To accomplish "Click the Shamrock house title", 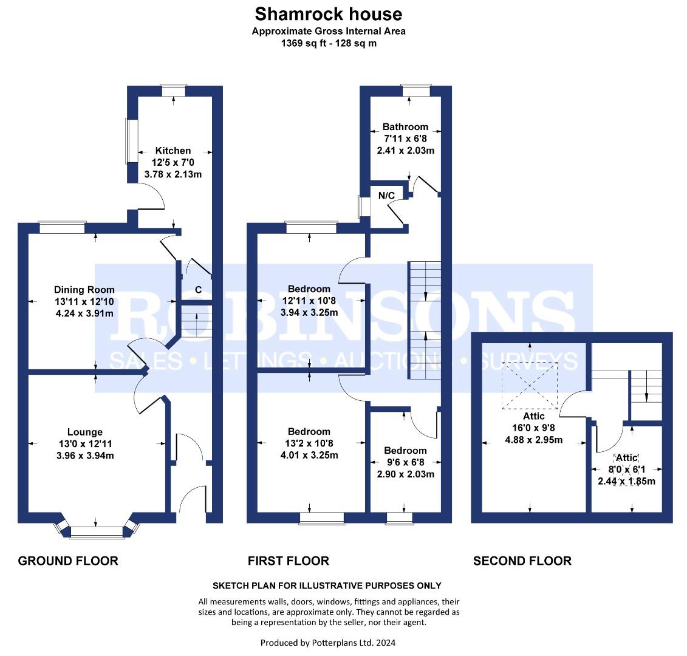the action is coord(329,14).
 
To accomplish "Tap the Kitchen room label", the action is coord(173,151).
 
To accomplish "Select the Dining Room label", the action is coord(84,290).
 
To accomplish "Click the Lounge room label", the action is coord(85,432).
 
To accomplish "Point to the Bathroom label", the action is coord(405,127).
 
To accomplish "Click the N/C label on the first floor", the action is coord(386,196).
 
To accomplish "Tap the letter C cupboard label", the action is coord(199,290).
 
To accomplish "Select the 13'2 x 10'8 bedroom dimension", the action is coord(309,443).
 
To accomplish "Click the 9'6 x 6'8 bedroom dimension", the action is coord(405,462).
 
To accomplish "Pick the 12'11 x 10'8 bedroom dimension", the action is coord(309,301).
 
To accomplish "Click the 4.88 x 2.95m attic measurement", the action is coord(534,440).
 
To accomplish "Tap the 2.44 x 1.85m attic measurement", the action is coord(626,481).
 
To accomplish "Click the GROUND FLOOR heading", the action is coord(68,561).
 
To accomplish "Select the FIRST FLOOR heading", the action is coord(289,561).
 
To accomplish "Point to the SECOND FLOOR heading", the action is coord(522,561).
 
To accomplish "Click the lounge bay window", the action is coord(97,530).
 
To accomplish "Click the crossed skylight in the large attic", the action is coord(530,386).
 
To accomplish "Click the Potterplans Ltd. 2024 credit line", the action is coord(328,643).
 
